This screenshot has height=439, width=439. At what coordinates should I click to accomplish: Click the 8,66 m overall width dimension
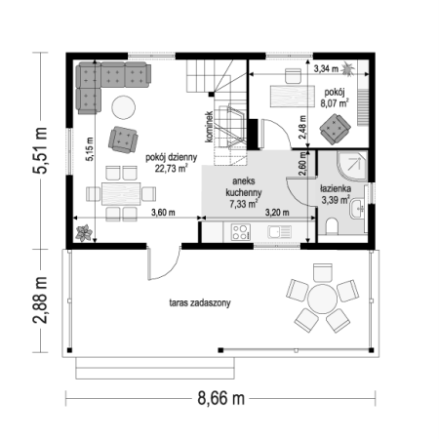tap(221, 398)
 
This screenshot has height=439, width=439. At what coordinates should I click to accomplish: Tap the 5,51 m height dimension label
tap(40, 150)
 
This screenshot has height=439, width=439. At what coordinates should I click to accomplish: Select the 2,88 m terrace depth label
tap(40, 300)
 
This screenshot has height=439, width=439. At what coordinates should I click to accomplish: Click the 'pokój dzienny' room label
tap(171, 157)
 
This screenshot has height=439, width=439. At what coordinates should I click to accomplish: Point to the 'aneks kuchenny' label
tap(244, 186)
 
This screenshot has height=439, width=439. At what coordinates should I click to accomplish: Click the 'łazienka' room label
tap(336, 188)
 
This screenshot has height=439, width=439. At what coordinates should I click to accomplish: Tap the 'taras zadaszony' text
tap(200, 302)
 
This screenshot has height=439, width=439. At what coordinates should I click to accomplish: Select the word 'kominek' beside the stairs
tap(209, 127)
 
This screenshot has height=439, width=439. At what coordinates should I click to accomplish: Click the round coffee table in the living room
tap(123, 107)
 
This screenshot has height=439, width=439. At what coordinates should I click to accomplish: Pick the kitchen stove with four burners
tap(241, 232)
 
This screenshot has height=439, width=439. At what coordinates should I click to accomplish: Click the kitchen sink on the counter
tap(280, 232)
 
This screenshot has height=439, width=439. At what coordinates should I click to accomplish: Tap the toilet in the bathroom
tap(332, 226)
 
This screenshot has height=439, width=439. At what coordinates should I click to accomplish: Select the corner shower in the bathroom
tap(352, 166)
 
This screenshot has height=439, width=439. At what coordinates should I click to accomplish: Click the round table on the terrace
tap(322, 299)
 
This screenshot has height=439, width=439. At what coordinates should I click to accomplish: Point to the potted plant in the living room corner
tap(84, 233)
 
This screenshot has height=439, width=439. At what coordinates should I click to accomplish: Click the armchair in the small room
tap(335, 129)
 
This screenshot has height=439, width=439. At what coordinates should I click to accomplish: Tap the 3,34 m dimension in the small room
tap(326, 69)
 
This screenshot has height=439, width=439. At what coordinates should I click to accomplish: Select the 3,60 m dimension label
tap(163, 213)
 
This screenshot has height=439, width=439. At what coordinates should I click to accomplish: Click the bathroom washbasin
tap(357, 209)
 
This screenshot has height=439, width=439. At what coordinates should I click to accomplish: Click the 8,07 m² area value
tap(335, 103)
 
